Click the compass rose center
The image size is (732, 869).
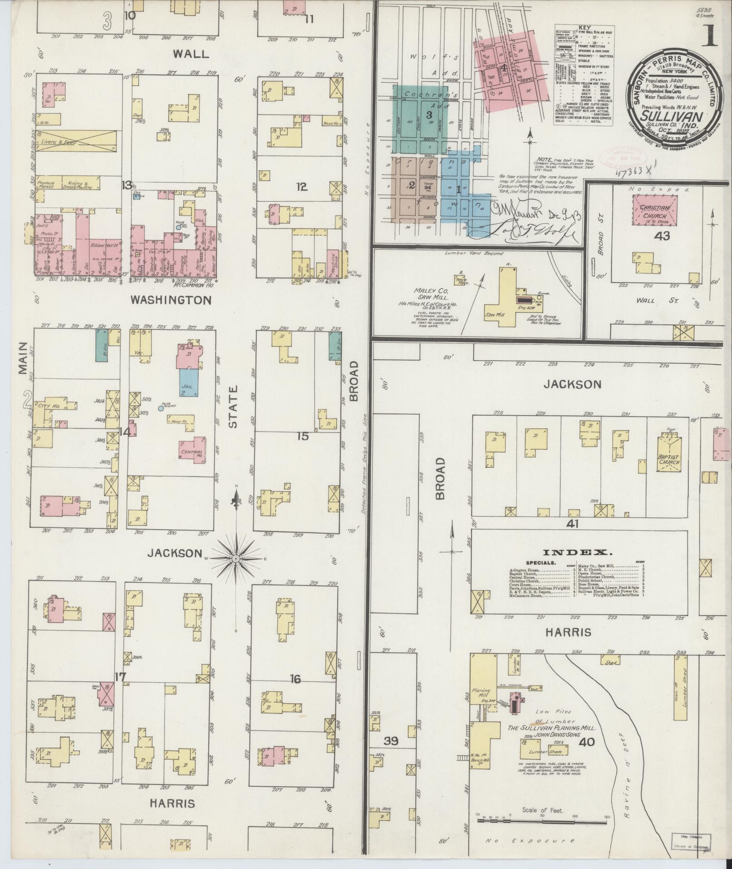(x=236, y=557)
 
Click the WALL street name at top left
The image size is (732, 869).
(x=191, y=54)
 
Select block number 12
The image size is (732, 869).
(x=301, y=187)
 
